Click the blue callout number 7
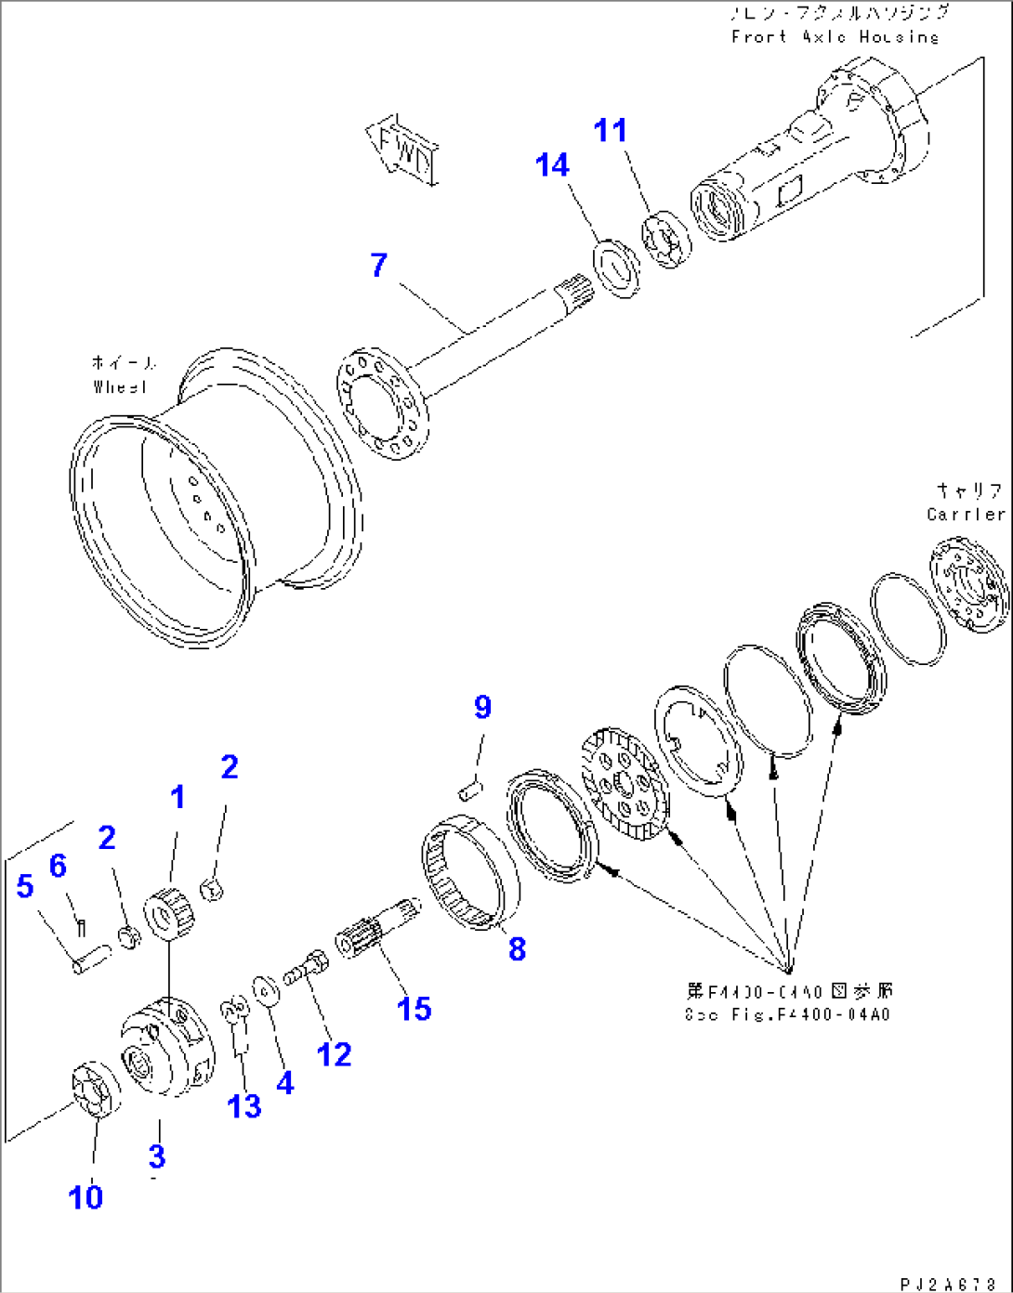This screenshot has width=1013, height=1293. coord(378,266)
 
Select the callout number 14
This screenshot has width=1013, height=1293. coord(552,165)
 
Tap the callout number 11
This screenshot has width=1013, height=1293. coord(611,131)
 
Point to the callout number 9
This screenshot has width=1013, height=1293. coord(482,708)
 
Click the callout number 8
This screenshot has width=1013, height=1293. coord(517,948)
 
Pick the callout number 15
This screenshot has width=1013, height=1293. coord(414,1009)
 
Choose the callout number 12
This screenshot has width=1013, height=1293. coord(334,1054)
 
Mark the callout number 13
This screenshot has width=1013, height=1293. coord(245,1106)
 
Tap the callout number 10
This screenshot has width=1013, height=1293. coord(86,1197)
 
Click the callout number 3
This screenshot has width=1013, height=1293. coord(157,1156)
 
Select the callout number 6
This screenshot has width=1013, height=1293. coord(58,866)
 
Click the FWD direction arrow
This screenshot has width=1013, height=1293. coord(403,148)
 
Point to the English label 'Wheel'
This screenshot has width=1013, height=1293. coord(120,386)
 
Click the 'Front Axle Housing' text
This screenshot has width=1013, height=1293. coord(835,37)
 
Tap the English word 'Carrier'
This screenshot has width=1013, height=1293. coord(966,514)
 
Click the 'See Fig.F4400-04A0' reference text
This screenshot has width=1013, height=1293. coord(786,1014)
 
